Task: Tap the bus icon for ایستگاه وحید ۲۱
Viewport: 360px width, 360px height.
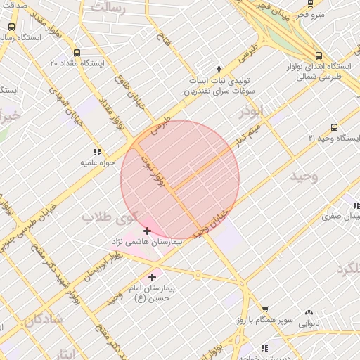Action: tap(334, 128)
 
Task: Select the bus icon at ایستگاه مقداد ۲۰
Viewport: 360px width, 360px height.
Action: tap(76, 52)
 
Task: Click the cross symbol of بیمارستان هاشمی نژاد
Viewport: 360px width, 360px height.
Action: tap(147, 231)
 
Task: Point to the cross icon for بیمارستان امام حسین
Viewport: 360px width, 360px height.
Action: tap(152, 278)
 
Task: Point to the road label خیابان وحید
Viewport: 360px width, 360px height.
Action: tap(213, 223)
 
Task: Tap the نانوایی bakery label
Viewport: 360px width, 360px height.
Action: tap(309, 324)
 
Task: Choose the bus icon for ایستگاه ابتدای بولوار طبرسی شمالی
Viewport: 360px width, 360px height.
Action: tap(319, 56)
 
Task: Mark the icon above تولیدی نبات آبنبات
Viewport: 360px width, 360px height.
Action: tap(219, 69)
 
